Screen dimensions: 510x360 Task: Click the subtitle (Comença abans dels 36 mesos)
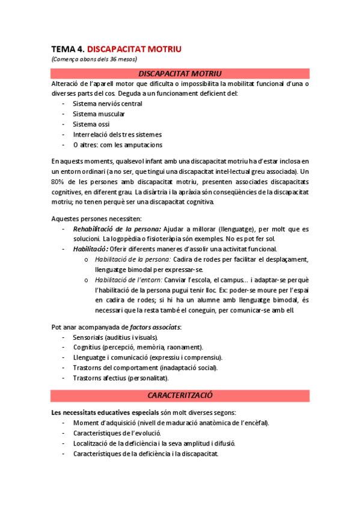(94, 59)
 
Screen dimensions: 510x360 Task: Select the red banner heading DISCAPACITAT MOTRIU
(180, 73)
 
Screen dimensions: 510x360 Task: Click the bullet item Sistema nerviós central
(107, 103)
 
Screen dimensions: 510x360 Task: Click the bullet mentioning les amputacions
(117, 144)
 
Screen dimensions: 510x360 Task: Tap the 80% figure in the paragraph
(58, 182)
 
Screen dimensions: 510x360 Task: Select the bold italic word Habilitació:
(91, 249)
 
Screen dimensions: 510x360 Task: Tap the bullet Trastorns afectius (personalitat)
(120, 378)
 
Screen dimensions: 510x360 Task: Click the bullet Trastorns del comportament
(145, 367)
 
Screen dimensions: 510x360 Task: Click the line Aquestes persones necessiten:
(96, 218)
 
